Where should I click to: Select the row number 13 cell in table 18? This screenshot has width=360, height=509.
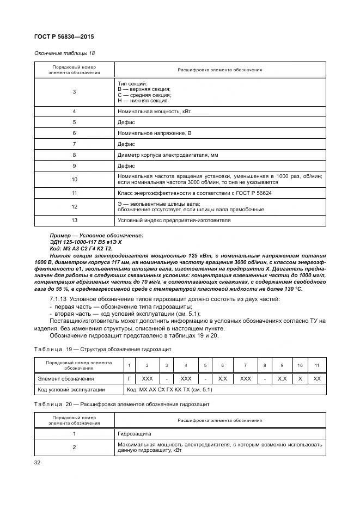point(74,220)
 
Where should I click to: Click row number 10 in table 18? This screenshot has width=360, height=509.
point(74,179)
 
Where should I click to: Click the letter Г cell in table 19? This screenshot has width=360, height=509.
point(129,378)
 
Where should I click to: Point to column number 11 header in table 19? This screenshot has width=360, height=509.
point(317,365)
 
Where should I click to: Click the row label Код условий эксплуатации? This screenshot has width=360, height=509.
point(68,390)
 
